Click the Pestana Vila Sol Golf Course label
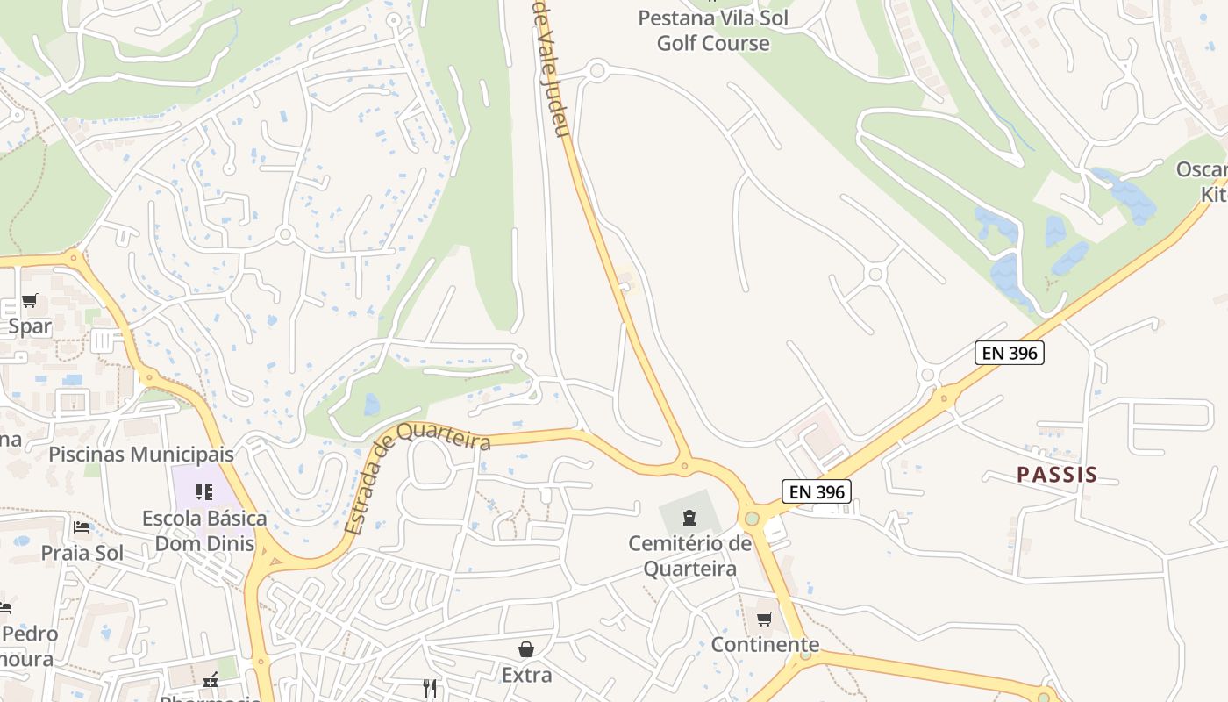(x=713, y=31)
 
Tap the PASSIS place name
(x=1057, y=475)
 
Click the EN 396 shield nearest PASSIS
(x=1010, y=353)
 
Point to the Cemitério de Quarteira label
(x=689, y=556)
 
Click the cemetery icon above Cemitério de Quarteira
(x=689, y=516)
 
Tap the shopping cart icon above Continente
(x=764, y=620)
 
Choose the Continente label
(x=765, y=645)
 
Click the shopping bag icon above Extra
(x=526, y=649)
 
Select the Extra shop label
(x=526, y=675)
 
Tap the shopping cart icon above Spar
(x=30, y=301)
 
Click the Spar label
(x=30, y=326)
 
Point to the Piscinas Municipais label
(x=141, y=455)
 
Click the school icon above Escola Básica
(x=204, y=492)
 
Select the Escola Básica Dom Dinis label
(x=204, y=531)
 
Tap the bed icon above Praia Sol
(x=82, y=527)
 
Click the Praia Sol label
(x=82, y=554)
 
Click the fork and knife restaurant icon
(x=430, y=689)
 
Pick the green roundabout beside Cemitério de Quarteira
(x=752, y=518)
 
